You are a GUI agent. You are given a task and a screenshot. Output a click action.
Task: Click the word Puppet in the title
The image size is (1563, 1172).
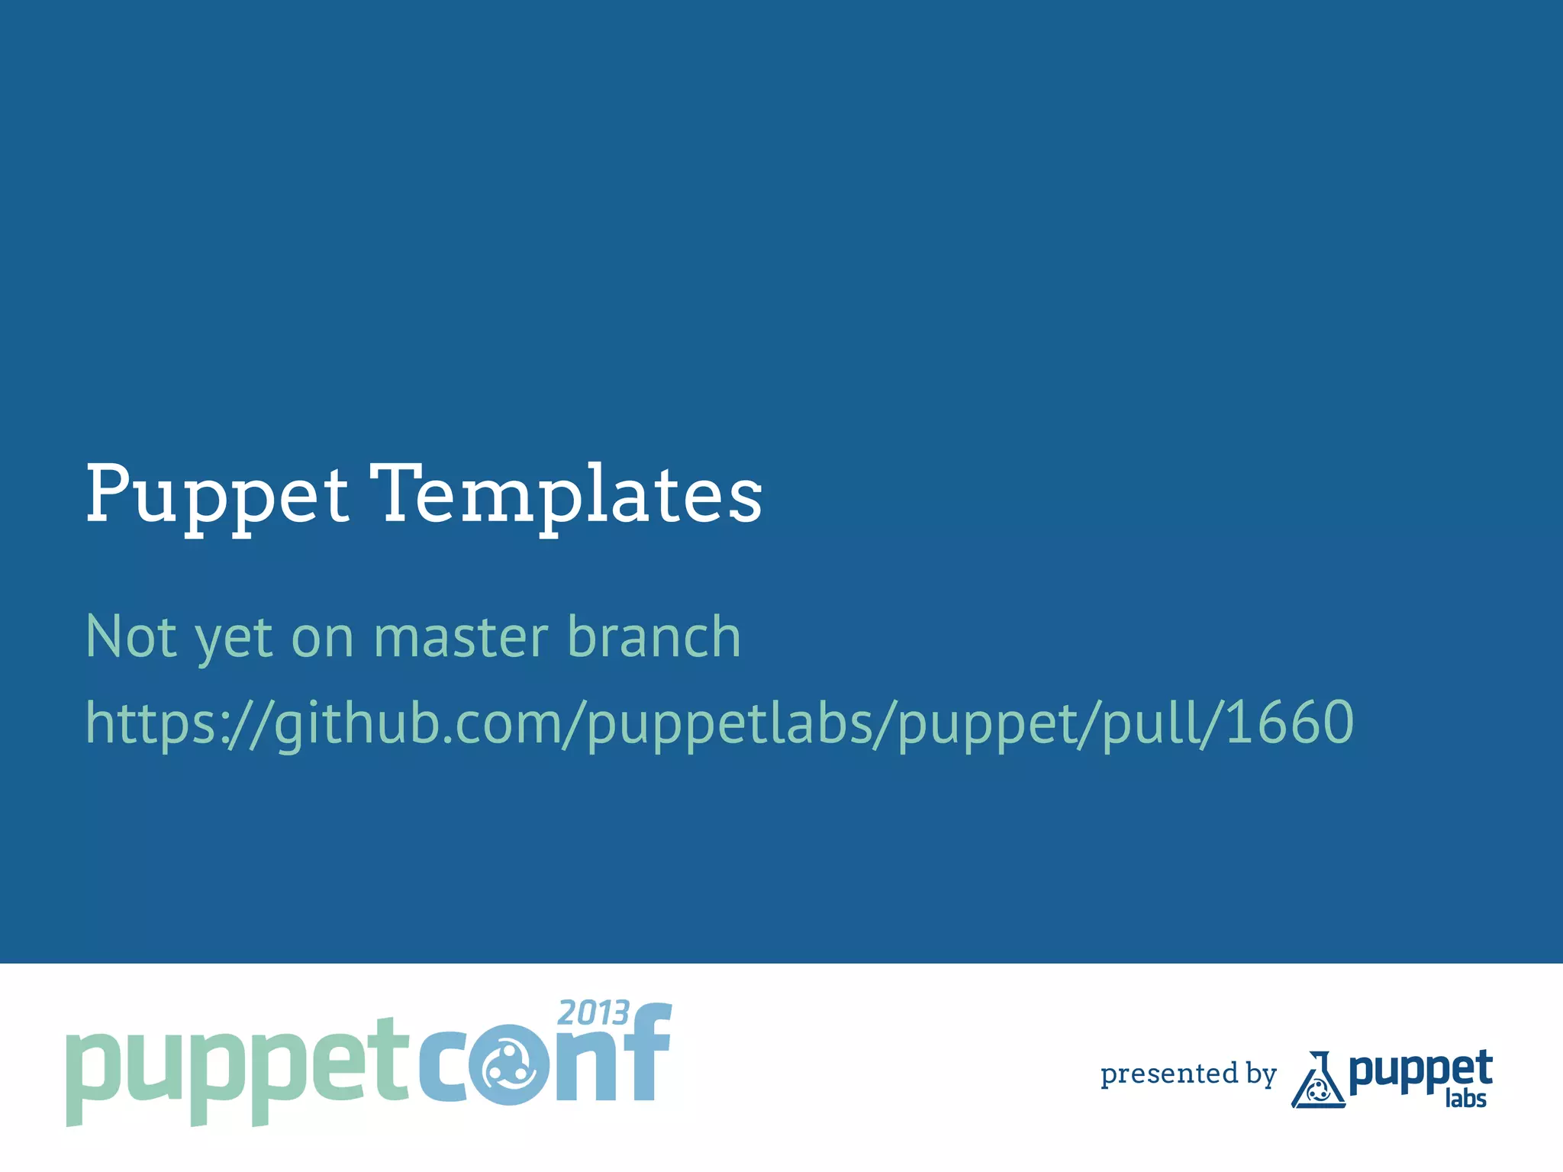pos(217,496)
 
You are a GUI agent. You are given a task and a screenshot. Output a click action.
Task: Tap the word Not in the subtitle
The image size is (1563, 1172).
pos(131,636)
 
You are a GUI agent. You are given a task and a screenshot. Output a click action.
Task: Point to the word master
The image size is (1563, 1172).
pos(460,638)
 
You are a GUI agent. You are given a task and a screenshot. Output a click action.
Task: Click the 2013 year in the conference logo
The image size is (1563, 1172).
pos(593,1013)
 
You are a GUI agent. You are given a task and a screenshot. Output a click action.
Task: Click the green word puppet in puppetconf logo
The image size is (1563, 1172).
pos(237,1068)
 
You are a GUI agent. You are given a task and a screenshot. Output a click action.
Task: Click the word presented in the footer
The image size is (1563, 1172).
pos(1168,1074)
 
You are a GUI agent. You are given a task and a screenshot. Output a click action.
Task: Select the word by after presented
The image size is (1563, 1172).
pos(1261,1074)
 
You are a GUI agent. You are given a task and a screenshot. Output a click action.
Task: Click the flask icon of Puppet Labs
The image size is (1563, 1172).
pos(1317,1082)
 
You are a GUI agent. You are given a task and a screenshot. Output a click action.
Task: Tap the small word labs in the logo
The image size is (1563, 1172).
pos(1465,1099)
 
